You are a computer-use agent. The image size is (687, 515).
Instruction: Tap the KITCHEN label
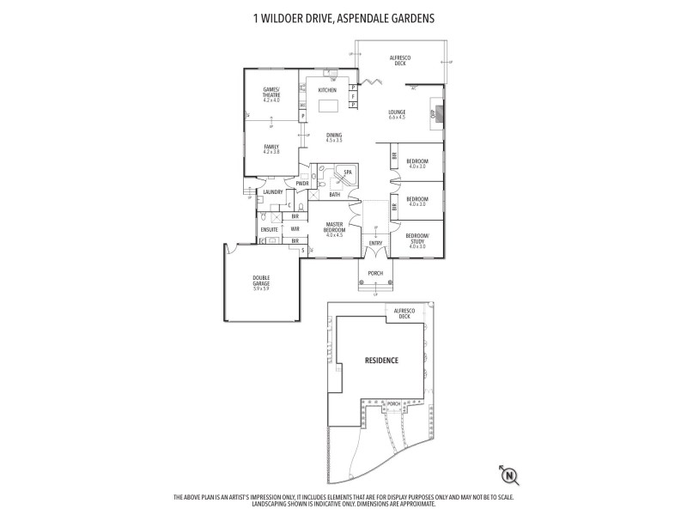[327, 90]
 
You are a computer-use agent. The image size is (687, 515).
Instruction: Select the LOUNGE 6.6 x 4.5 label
[397, 114]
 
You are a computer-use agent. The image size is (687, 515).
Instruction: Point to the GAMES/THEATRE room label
[272, 95]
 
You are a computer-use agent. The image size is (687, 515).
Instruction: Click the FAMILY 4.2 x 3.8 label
[271, 148]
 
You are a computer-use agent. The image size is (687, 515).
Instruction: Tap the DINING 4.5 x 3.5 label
[334, 137]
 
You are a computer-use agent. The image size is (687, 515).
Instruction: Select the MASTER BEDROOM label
[334, 229]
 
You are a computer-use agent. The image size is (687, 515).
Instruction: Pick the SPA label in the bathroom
[347, 173]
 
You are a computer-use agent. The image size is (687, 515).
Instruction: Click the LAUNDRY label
[273, 192]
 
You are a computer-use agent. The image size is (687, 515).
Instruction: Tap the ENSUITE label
[269, 229]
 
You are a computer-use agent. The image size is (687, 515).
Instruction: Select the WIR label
[295, 229]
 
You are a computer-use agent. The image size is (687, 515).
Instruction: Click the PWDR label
[302, 183]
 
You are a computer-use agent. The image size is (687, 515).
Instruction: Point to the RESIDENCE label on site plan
[381, 360]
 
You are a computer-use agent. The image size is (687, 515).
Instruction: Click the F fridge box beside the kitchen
[353, 96]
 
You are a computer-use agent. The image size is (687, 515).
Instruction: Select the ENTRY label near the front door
[375, 243]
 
